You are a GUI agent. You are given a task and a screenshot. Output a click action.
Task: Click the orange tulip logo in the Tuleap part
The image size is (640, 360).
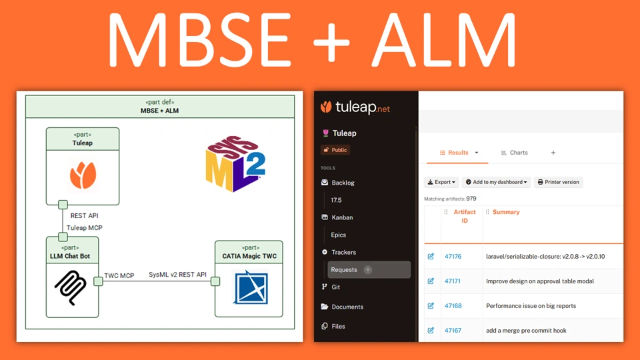point(83,175)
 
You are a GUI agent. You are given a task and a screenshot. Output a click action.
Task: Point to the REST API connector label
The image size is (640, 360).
point(84,215)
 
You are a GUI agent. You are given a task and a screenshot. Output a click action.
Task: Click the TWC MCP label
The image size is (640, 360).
point(119,275)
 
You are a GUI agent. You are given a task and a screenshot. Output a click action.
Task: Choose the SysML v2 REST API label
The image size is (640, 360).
point(177,275)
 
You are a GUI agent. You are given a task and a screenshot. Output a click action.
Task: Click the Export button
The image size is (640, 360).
point(441,182)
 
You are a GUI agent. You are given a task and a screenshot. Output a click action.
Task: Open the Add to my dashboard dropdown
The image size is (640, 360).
point(496,182)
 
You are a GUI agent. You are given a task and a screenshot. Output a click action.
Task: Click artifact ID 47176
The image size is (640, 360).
point(453,257)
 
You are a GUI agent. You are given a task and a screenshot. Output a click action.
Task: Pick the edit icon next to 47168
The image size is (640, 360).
point(431,306)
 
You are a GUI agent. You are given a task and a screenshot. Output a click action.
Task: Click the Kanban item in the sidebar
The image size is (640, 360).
point(341,217)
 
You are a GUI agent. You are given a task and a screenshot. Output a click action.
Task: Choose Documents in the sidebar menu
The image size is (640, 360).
point(347,307)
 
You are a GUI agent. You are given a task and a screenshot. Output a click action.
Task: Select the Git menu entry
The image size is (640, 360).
point(335,287)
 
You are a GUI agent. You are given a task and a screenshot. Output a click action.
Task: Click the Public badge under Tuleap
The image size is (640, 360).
point(335,150)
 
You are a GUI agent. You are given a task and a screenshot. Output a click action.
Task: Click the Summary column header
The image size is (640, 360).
point(505,212)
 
